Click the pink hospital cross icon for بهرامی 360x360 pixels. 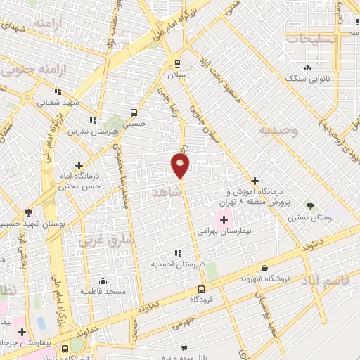tap(224, 219)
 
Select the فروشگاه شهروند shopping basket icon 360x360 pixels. tap(264, 268)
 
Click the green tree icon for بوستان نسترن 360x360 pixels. tap(310, 206)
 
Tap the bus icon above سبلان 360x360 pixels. tap(176, 62)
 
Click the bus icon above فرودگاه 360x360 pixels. tap(202, 288)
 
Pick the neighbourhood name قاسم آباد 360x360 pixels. tap(325, 280)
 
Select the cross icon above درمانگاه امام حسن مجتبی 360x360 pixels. tap(79, 165)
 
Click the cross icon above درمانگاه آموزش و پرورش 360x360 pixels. tap(255, 181)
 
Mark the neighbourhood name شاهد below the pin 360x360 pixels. tap(166, 191)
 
